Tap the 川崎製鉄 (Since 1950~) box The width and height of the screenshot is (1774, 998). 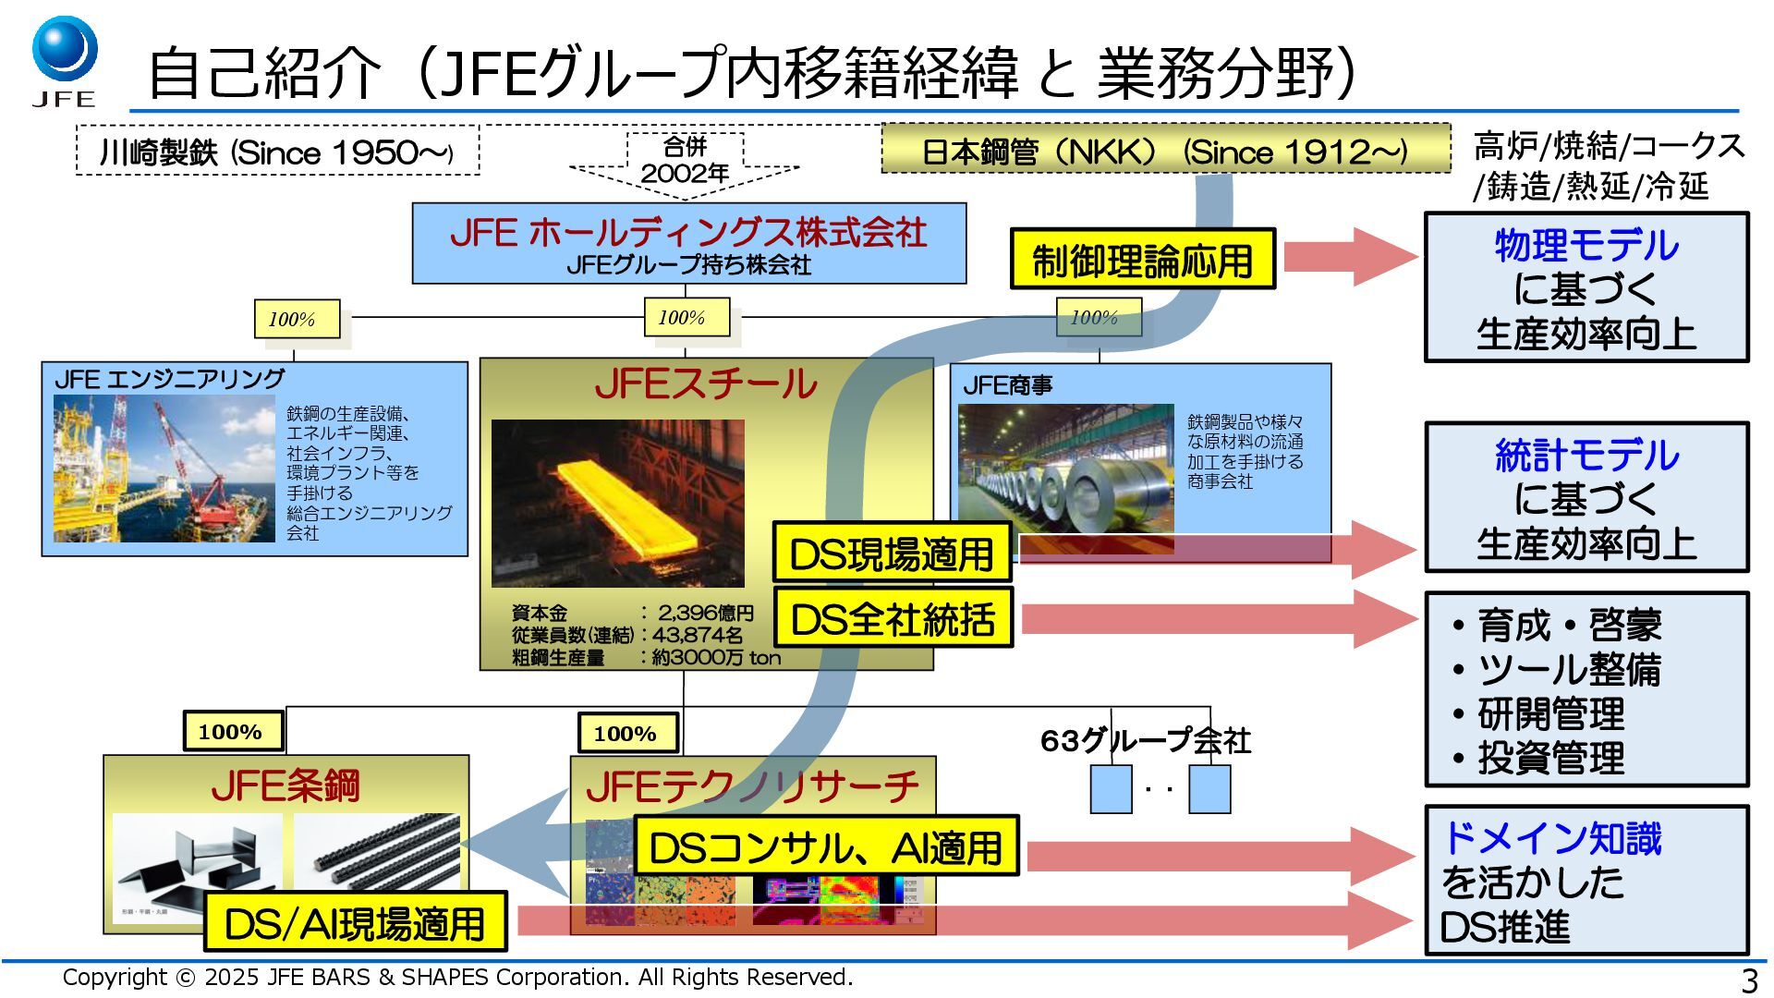(277, 152)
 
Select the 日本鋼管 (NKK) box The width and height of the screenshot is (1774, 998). (1165, 151)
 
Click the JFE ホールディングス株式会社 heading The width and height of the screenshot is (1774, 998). (688, 232)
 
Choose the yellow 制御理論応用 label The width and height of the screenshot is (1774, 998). (1142, 260)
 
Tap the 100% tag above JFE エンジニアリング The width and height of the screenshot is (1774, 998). (296, 320)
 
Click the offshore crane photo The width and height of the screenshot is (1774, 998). (164, 468)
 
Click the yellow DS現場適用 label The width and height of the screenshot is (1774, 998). (892, 554)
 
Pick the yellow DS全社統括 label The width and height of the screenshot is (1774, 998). (893, 618)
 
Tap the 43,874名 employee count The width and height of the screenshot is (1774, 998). (698, 636)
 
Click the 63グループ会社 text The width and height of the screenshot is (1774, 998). (1145, 740)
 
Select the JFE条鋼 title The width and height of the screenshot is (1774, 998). (286, 786)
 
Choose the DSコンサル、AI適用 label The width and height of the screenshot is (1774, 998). (826, 846)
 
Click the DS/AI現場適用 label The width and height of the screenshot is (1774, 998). (355, 922)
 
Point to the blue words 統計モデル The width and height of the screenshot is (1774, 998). (1586, 456)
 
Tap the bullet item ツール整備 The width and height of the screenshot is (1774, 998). (1568, 670)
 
